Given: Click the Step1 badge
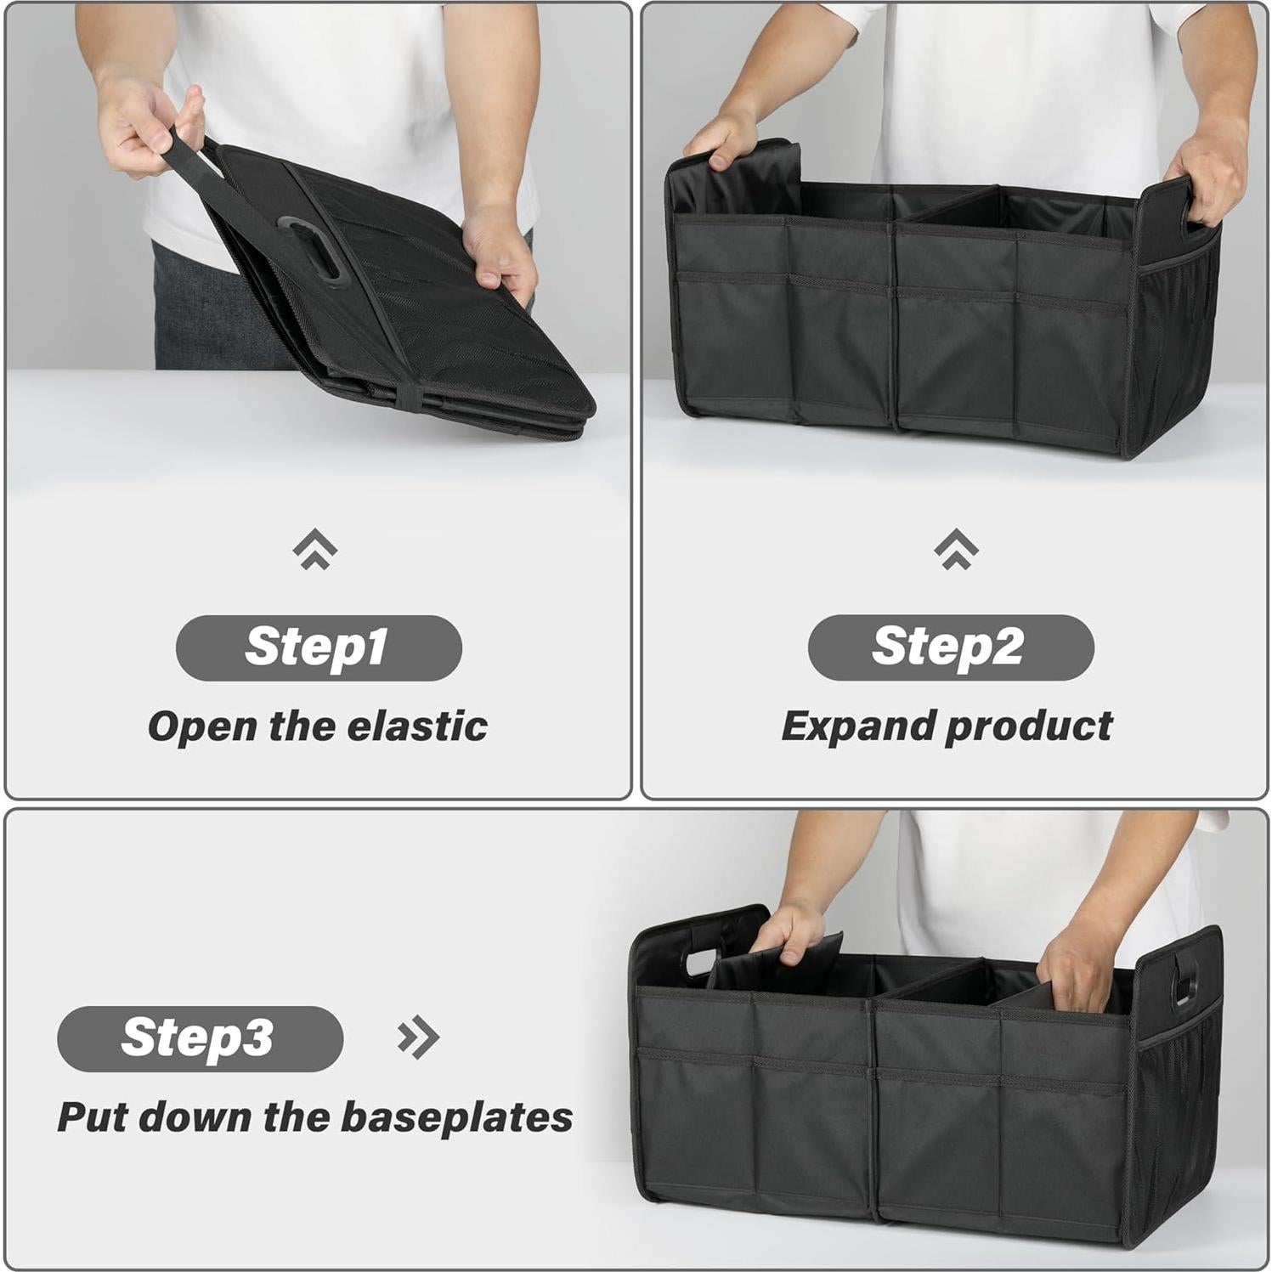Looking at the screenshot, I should [318, 647].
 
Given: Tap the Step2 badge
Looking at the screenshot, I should [950, 647].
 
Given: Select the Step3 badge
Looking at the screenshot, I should [200, 1037].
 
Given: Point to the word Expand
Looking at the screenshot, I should [856, 727].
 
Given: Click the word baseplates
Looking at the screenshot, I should [456, 1117].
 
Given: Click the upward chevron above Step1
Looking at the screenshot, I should [314, 549].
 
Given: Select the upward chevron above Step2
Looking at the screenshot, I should [956, 549].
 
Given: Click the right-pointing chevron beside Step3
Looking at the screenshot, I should [418, 1037].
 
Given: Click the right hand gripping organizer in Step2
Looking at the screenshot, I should [1206, 183].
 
